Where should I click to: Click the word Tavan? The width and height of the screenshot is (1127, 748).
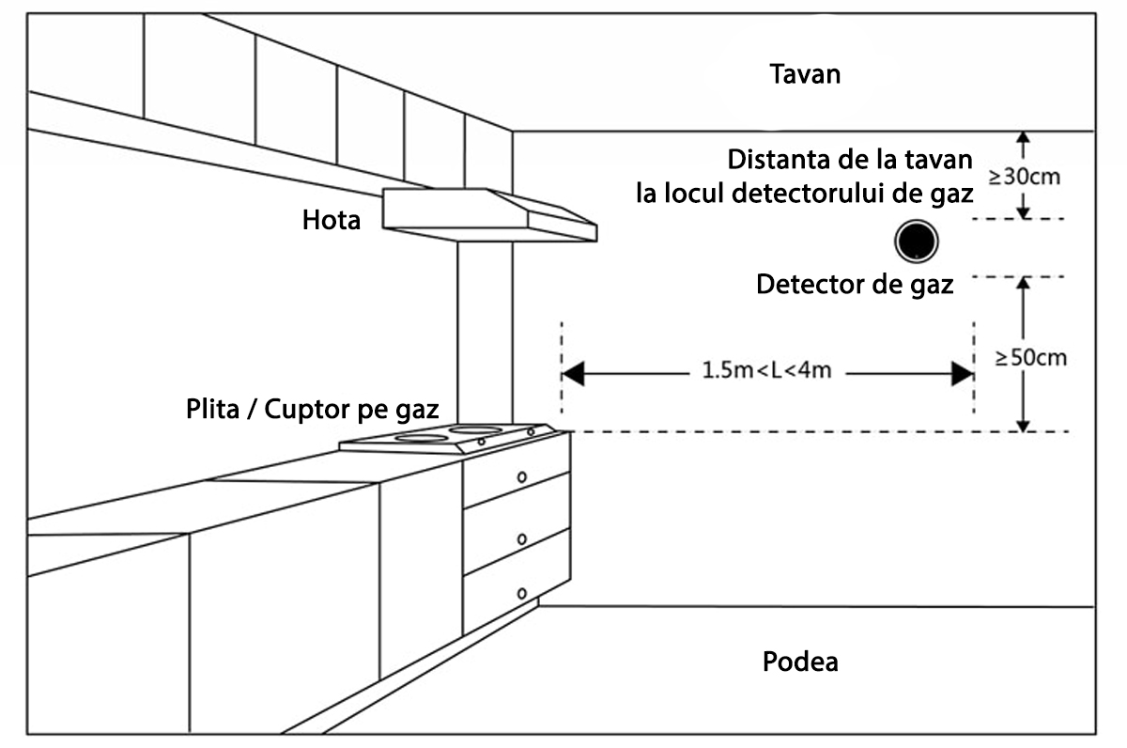[x=805, y=74]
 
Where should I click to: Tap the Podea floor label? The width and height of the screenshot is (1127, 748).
[x=799, y=662]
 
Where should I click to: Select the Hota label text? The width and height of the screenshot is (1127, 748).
[x=331, y=221]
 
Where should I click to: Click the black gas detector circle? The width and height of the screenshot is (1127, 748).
[x=915, y=242]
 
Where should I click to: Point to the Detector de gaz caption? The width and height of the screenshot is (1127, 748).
[x=855, y=284]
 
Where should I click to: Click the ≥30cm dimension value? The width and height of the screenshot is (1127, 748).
[x=1026, y=177]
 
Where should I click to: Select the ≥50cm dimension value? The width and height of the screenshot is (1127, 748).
[x=1031, y=358]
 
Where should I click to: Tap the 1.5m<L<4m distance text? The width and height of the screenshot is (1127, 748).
[x=766, y=370]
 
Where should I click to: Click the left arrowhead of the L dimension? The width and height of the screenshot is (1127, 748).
[x=574, y=373]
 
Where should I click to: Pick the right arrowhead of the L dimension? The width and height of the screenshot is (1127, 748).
[x=962, y=373]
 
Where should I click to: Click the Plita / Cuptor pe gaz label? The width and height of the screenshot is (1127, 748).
[x=314, y=410]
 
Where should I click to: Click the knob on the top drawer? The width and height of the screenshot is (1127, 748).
[x=521, y=477]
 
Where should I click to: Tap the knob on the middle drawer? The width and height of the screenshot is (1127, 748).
[x=521, y=538]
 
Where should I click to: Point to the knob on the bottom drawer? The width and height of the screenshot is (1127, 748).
[x=521, y=593]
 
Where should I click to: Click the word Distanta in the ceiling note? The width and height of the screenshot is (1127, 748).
[x=773, y=160]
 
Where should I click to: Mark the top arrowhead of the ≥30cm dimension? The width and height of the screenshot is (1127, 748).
[x=1025, y=137]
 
